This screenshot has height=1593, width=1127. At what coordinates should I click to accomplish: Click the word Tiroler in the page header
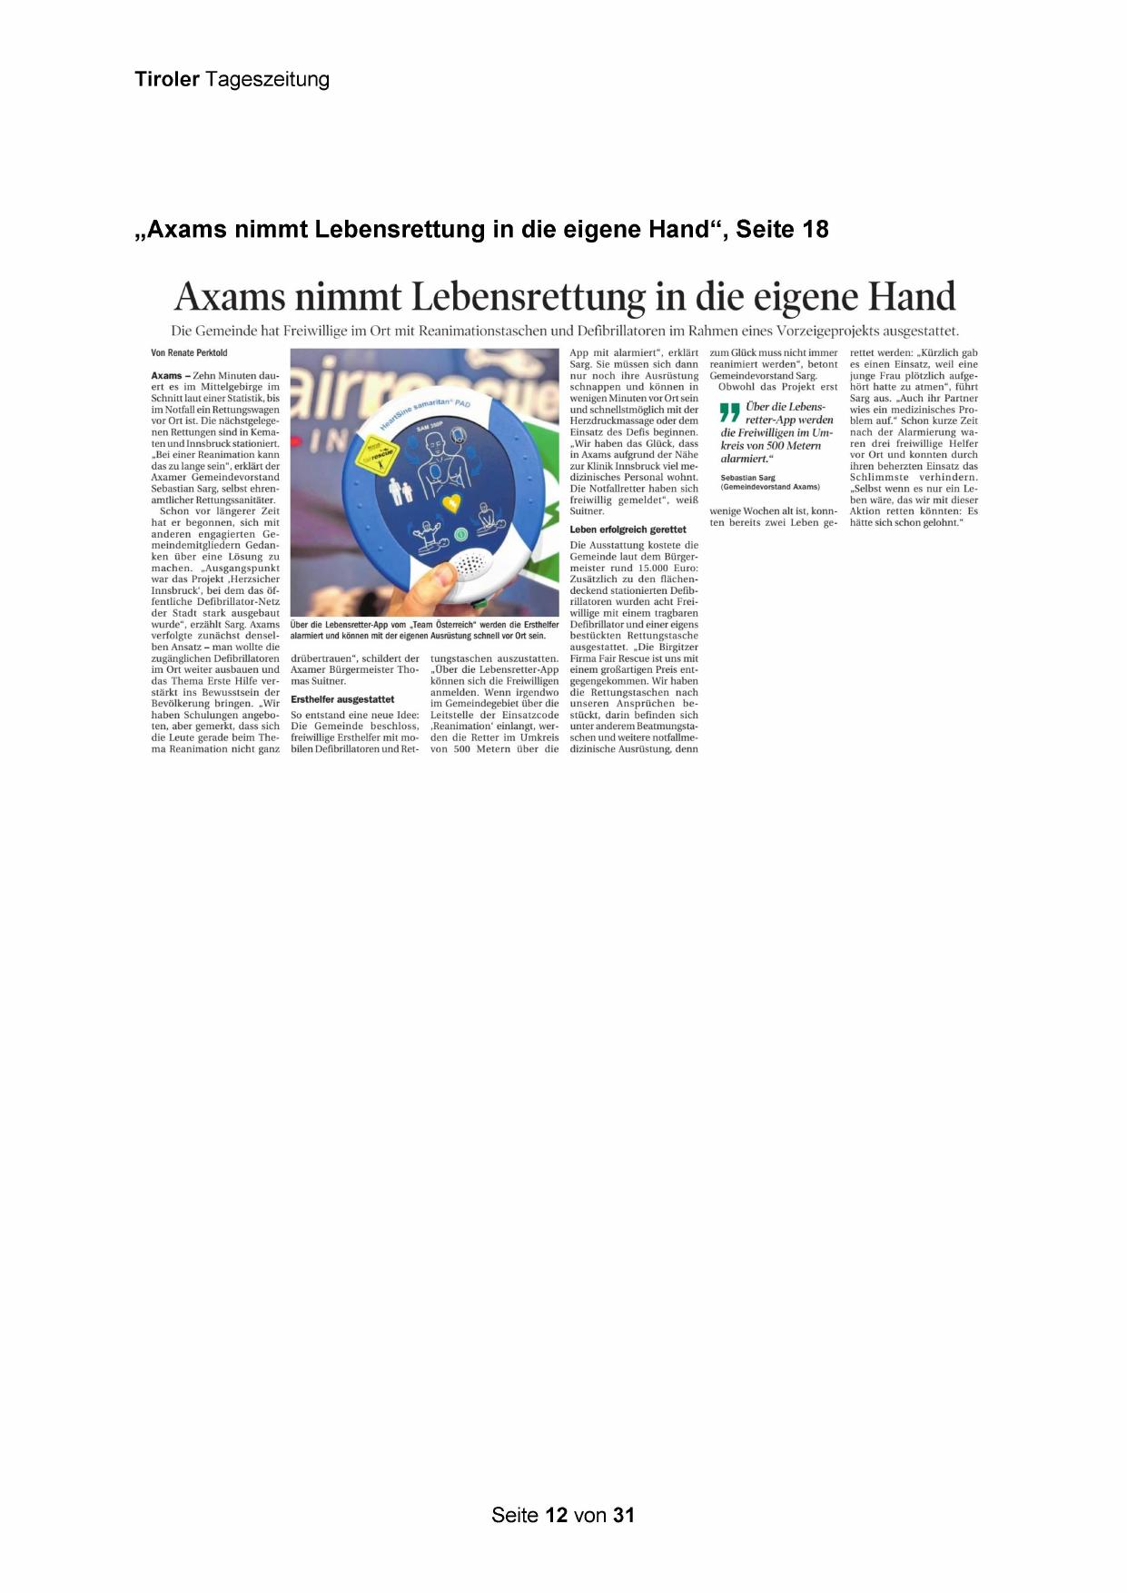pos(167,79)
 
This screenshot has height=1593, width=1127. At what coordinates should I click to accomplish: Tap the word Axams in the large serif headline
pos(228,296)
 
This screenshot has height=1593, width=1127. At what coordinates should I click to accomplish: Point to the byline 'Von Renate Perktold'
pos(189,352)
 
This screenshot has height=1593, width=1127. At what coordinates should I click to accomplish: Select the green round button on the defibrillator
pos(460,534)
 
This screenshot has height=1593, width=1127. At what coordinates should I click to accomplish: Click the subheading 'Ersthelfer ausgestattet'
pos(342,699)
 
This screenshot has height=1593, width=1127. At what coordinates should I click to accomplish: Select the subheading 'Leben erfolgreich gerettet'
pos(628,529)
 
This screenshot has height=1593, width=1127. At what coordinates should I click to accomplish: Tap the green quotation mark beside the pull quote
pos(729,412)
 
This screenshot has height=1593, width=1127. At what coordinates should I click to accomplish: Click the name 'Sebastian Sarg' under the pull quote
pos(747,477)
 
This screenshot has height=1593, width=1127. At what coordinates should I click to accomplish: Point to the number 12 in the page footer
pos(557,1515)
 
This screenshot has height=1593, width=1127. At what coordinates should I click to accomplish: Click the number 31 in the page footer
pos(623,1515)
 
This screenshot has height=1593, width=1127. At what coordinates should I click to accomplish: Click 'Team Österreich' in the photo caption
pos(440,625)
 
